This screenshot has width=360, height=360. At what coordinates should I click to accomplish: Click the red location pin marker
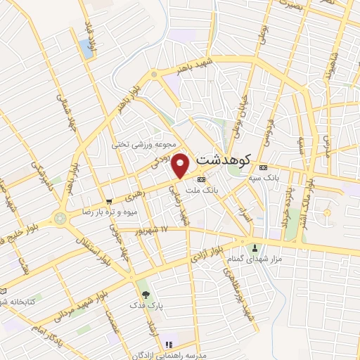point(181,165)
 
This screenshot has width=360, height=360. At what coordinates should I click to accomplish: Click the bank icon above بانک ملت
point(202,179)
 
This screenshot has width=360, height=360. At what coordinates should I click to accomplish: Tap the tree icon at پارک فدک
point(146,295)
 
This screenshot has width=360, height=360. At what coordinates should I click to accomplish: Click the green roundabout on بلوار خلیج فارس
point(61,218)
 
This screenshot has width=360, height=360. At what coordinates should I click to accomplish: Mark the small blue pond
point(87,48)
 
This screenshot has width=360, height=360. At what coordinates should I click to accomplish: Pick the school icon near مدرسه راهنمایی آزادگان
point(168,345)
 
